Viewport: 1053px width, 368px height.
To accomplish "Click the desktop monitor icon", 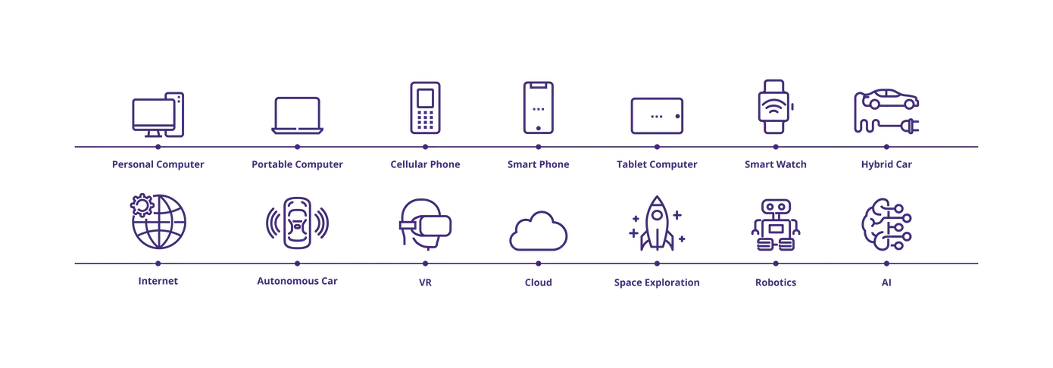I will [x=158, y=114].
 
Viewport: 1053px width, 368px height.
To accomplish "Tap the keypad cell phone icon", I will [x=424, y=108].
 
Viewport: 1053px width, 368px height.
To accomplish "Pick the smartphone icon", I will [x=539, y=108].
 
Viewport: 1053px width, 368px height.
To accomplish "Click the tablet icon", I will [x=657, y=116].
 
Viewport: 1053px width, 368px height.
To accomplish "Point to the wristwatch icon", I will [x=774, y=108].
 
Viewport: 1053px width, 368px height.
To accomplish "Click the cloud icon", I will [x=539, y=231].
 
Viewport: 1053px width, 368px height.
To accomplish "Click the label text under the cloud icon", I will [x=539, y=284].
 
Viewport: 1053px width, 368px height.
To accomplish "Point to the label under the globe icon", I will [x=158, y=282].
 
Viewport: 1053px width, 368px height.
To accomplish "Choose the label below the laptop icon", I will [x=297, y=164].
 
